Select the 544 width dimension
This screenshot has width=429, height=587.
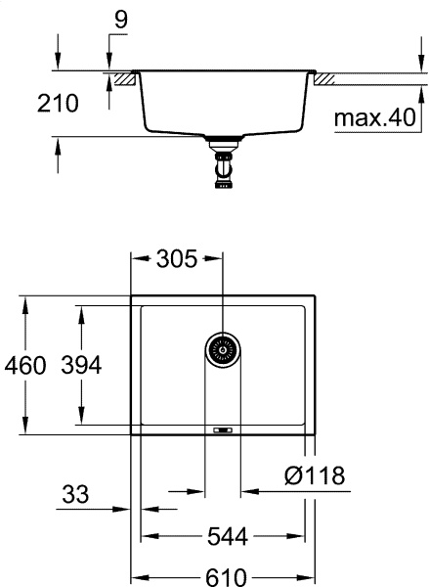pyautogui.click(x=226, y=536)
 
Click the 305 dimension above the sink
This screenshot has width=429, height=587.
pyautogui.click(x=178, y=259)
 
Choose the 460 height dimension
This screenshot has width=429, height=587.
pyautogui.click(x=25, y=366)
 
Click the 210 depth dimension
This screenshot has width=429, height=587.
pyautogui.click(x=57, y=105)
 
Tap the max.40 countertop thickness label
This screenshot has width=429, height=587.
pyautogui.click(x=374, y=119)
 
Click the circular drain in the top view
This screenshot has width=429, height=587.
pyautogui.click(x=223, y=348)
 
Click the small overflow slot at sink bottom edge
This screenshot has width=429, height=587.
pyautogui.click(x=222, y=429)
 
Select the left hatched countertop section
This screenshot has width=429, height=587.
pyautogui.click(x=122, y=77)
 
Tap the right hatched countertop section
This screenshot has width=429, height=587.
pyautogui.click(x=324, y=77)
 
